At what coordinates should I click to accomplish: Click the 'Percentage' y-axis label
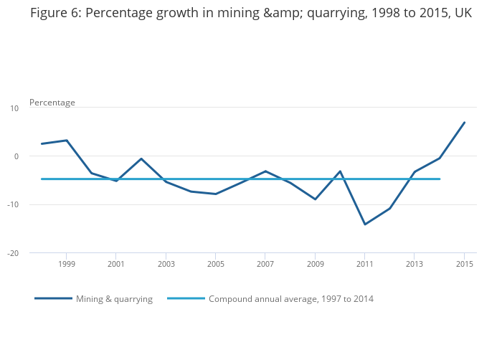[52, 103]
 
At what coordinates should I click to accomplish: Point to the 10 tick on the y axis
[14, 108]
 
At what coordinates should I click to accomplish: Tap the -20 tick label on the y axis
[13, 253]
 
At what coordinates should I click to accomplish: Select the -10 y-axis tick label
[13, 205]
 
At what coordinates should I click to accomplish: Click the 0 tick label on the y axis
[16, 156]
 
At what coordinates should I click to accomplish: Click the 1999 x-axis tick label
[67, 264]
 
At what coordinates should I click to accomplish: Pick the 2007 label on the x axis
[265, 264]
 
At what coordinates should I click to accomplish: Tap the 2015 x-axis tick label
[464, 264]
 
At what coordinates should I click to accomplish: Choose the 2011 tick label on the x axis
[364, 264]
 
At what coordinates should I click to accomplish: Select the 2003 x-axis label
[166, 264]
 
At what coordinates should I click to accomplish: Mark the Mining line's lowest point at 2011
[364, 224]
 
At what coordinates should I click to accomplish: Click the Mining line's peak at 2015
[464, 123]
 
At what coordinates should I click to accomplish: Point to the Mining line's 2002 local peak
[141, 158]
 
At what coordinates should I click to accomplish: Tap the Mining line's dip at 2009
[315, 199]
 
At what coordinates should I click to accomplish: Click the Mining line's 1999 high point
[67, 141]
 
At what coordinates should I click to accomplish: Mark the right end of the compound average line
[439, 179]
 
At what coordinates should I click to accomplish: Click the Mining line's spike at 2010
[340, 171]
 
